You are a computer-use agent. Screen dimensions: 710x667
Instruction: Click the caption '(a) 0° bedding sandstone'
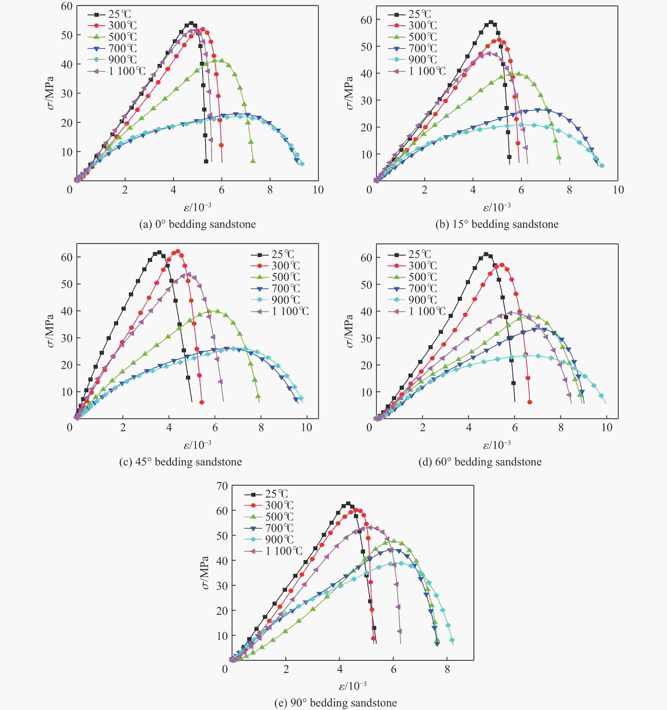[197, 224]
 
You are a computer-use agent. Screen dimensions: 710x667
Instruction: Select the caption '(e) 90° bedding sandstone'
[335, 703]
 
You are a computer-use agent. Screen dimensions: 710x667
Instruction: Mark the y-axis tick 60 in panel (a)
[66, 6]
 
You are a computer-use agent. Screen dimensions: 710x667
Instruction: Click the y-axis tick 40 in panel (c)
[66, 311]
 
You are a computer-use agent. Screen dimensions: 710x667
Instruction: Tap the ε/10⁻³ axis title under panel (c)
[197, 445]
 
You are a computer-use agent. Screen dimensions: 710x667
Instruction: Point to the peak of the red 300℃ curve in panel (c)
[177, 251]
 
